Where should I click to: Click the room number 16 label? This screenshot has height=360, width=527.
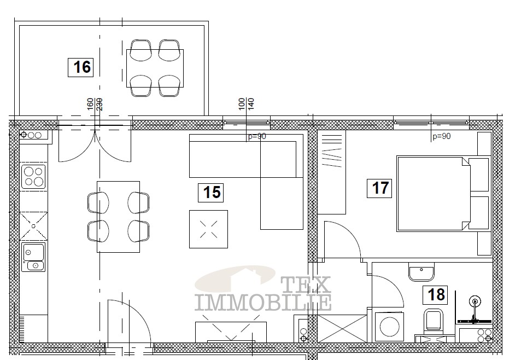[x=81, y=67]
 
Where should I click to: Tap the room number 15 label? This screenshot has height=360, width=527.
[x=210, y=193]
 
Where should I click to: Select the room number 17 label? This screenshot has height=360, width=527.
[x=379, y=188]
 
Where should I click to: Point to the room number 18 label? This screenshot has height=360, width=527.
[x=435, y=295]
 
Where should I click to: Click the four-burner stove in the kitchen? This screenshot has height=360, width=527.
[x=33, y=177]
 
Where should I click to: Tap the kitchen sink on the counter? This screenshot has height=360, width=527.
[x=33, y=257]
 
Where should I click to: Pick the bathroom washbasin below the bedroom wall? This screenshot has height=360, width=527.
[x=421, y=272]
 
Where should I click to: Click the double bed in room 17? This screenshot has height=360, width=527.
[x=443, y=194]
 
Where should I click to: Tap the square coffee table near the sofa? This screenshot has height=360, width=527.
[x=208, y=229]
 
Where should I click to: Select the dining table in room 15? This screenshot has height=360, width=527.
[x=118, y=217]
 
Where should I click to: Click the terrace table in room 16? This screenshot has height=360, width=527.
[x=155, y=68]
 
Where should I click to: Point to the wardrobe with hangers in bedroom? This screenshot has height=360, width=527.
[x=332, y=172]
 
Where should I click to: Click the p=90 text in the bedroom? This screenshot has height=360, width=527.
[x=442, y=136]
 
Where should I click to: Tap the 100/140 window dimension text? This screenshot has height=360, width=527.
[x=246, y=104]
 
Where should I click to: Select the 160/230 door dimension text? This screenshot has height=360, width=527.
[x=95, y=104]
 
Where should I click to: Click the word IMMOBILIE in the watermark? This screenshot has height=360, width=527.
[x=263, y=302]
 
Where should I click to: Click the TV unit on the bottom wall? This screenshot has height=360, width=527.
[x=231, y=332]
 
